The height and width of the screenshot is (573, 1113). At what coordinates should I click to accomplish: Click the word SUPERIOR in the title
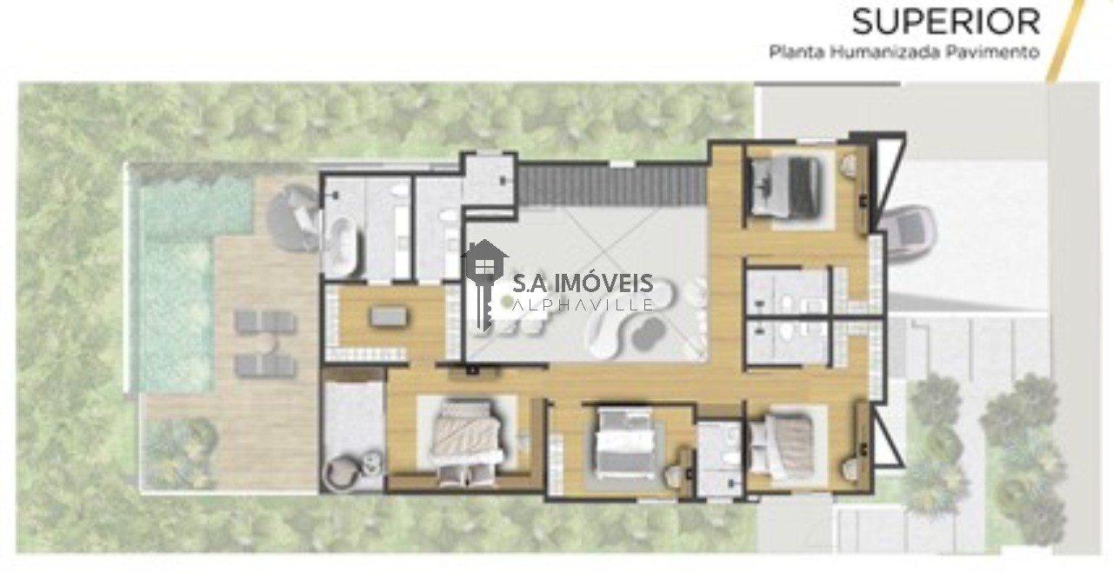(946, 22)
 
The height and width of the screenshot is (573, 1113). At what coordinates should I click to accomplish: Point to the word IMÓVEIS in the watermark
(603, 283)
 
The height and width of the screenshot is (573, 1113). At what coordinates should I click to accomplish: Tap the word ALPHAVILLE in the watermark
(583, 304)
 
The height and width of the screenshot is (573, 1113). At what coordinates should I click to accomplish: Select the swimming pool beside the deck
(179, 283)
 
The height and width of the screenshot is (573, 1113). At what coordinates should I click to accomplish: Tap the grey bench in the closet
(388, 316)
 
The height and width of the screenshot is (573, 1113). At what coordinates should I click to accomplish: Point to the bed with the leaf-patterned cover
(466, 436)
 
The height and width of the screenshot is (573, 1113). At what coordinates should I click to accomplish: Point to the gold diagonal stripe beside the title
(1066, 41)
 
